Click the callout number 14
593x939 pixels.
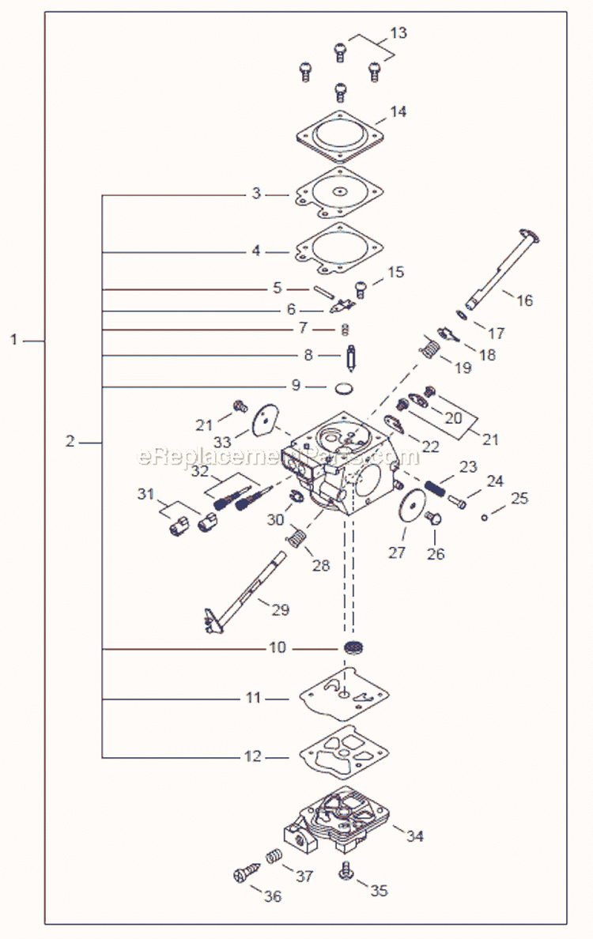[398, 112]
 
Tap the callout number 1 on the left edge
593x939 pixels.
[14, 340]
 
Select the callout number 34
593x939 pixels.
[414, 835]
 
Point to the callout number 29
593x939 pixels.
[280, 609]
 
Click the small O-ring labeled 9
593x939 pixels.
[341, 387]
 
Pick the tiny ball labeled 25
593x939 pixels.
[484, 518]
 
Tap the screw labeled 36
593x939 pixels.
[243, 875]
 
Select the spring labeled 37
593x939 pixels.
[273, 856]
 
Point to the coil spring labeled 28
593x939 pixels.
[295, 539]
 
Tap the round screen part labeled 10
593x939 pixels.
[353, 648]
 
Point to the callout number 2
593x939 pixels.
[70, 441]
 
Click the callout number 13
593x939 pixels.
[398, 33]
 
